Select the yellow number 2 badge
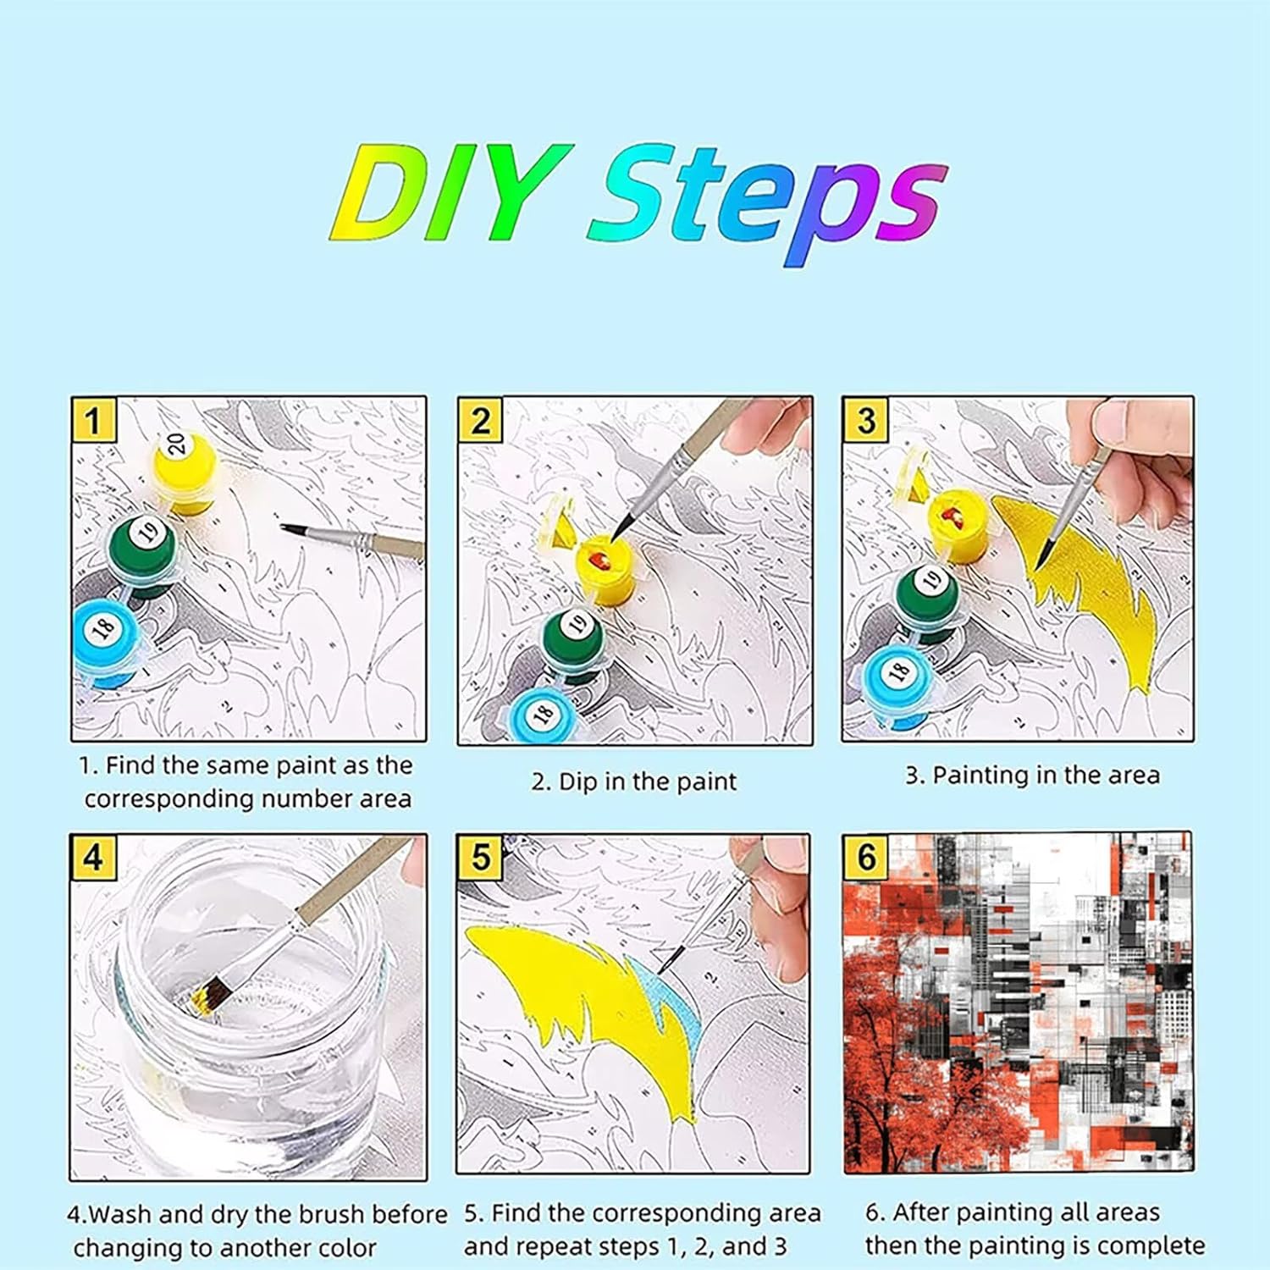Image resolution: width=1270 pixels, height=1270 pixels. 481,420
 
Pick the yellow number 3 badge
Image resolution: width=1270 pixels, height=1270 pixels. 865,420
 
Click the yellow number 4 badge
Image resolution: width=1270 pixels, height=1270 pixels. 93,857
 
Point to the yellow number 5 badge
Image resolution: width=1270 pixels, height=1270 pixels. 481,857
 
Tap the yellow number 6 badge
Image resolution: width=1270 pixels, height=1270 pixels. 866,857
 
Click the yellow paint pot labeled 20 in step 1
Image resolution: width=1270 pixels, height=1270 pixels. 184,471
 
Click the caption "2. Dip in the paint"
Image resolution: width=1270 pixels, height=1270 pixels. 634,781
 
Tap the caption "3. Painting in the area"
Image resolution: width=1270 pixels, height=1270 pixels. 1032,775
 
